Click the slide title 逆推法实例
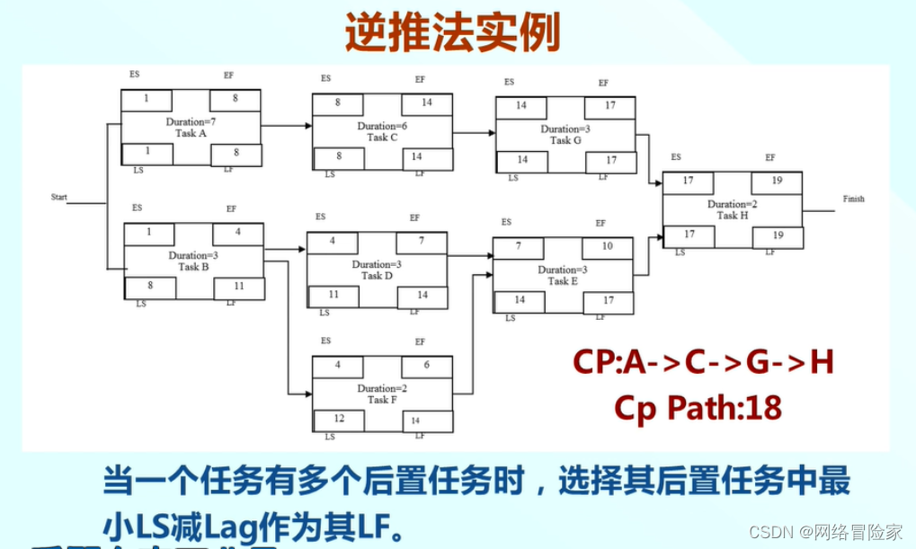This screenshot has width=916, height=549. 453,33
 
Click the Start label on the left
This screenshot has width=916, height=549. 59,196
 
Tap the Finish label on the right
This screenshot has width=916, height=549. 853,199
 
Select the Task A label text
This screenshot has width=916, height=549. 191,133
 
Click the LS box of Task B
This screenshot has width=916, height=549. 149,288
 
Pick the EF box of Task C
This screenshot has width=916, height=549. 426,103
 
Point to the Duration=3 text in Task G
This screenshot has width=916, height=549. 565,128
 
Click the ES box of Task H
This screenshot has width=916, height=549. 688,181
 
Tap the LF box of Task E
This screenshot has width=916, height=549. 608,301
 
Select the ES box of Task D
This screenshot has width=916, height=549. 332,242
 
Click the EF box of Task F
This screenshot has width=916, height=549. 426,366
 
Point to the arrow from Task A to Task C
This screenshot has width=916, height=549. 286,126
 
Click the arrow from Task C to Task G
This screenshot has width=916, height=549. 474,133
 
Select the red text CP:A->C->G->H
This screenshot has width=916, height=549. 704,362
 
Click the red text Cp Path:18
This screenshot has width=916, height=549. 698,407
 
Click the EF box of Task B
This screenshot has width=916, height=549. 237,233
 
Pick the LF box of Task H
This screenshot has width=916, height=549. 777,235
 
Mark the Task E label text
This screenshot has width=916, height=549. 562,281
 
